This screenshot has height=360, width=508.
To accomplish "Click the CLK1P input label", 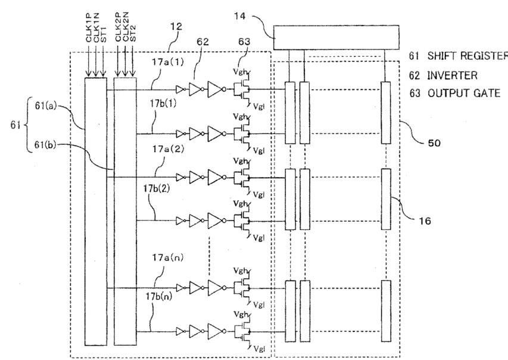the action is (89, 27).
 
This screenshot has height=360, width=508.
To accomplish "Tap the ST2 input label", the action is (133, 33).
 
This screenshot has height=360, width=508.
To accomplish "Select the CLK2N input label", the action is (126, 27).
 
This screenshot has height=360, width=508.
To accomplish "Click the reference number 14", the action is (240, 16).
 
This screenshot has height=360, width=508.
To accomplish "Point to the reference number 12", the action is (176, 26).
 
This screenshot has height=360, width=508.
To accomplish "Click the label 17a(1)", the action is (168, 61).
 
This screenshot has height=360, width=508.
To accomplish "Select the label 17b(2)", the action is (157, 188).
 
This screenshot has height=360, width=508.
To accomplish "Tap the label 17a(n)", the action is (168, 257).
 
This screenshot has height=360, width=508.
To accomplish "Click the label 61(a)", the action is (46, 105).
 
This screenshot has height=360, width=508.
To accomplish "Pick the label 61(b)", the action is (45, 145).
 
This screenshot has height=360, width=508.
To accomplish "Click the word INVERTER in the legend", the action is (452, 76).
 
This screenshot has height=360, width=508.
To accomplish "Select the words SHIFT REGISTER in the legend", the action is (468, 56).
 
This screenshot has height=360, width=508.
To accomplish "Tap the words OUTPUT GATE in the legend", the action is (464, 94).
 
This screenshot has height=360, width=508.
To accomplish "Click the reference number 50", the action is (434, 143).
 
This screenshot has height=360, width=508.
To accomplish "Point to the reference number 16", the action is (425, 221).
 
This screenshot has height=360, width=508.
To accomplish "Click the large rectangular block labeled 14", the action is (336, 38).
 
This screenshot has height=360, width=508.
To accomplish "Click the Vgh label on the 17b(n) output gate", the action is (241, 314).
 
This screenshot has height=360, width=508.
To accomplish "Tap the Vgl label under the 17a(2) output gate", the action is (258, 194).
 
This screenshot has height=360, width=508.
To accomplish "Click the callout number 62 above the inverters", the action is (203, 42).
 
